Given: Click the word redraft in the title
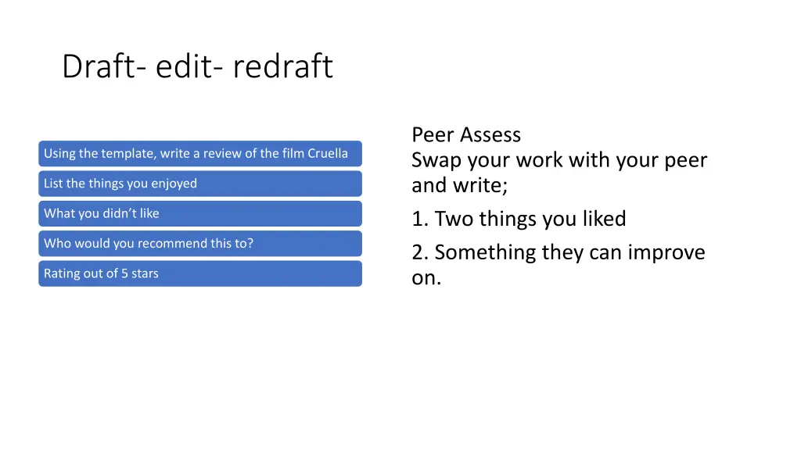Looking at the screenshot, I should [x=282, y=66].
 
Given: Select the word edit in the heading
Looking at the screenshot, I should [x=182, y=66].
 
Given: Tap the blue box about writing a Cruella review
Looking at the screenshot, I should [x=200, y=153].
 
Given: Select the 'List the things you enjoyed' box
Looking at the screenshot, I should [x=200, y=184].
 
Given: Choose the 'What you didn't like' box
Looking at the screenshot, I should [x=200, y=213].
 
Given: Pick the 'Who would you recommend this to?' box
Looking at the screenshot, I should [x=200, y=243].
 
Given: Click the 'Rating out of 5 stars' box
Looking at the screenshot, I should [x=200, y=273].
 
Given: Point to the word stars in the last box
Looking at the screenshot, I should [x=145, y=273].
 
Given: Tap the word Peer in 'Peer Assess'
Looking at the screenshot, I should [x=433, y=135].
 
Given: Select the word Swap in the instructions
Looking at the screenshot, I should [x=434, y=161].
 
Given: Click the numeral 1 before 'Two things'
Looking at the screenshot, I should [x=418, y=219].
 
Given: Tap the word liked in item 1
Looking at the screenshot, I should [x=603, y=219].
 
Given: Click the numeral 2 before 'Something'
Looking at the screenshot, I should [x=419, y=252].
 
